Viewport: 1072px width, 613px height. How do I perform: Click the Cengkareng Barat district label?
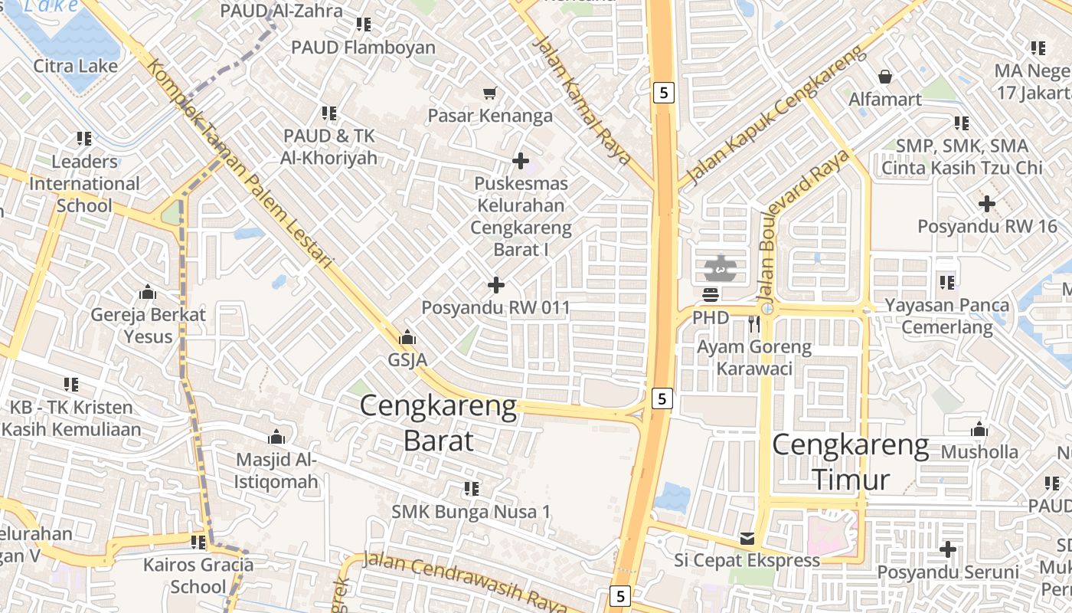(x=438, y=423)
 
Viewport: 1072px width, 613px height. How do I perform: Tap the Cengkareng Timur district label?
(x=851, y=462)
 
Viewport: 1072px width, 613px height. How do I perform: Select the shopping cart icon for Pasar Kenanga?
(x=489, y=93)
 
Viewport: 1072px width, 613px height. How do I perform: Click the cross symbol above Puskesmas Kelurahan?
(x=521, y=161)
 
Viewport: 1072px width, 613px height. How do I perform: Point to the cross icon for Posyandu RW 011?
(x=496, y=285)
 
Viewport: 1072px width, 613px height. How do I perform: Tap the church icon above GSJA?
(x=407, y=337)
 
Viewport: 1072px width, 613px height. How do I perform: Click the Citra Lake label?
(x=76, y=66)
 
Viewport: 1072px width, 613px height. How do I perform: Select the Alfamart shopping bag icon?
(x=885, y=77)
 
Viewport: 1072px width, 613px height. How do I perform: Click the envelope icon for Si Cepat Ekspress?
(x=747, y=539)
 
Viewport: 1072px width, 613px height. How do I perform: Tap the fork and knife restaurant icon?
(x=754, y=324)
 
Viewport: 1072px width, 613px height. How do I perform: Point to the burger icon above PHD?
(x=710, y=294)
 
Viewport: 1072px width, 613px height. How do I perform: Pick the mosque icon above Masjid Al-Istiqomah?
(x=276, y=438)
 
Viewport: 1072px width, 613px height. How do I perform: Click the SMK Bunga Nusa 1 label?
(x=471, y=511)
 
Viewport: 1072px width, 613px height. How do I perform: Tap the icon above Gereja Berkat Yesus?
(x=148, y=292)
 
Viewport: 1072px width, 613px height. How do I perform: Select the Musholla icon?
(x=979, y=430)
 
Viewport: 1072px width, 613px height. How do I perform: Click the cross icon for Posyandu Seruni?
(x=948, y=549)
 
